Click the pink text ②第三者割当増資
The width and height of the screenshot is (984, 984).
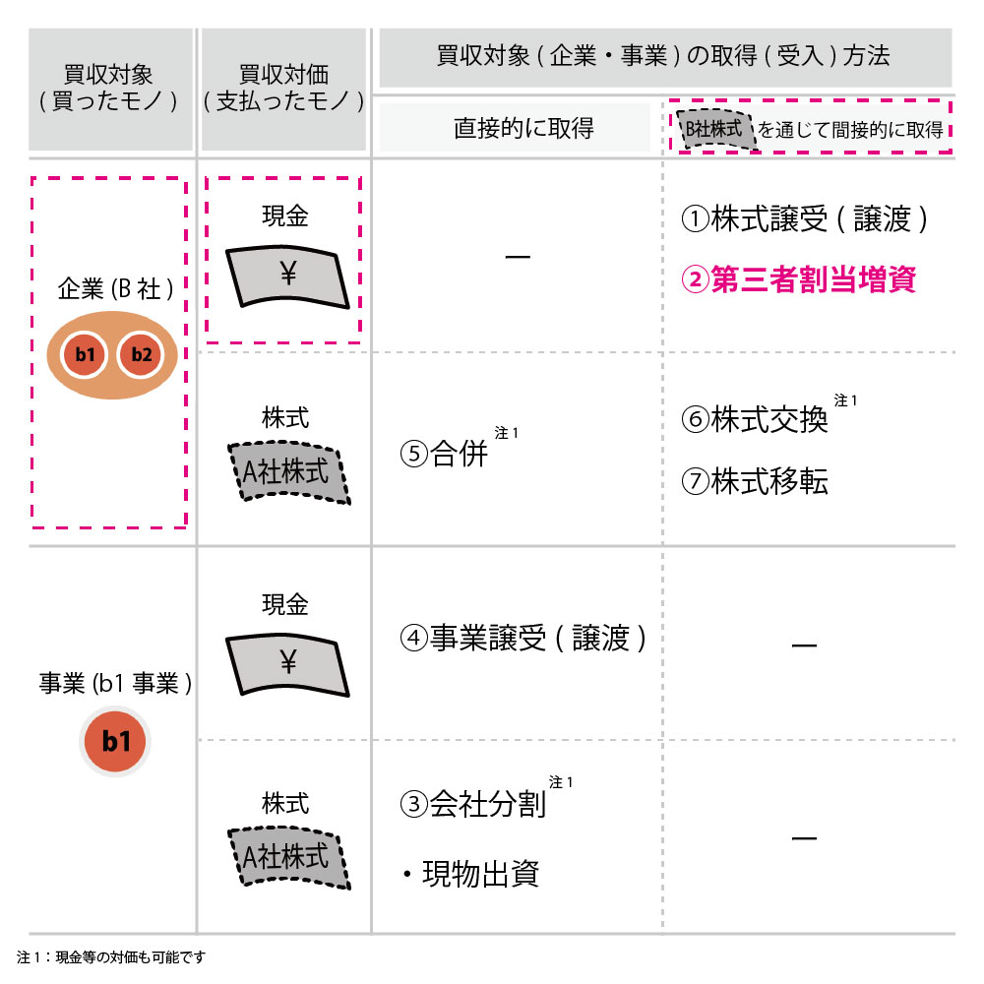pos(798,279)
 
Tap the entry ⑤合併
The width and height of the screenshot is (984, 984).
pos(444,453)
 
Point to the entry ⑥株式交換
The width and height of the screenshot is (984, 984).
pos(755,419)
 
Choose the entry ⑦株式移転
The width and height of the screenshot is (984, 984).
pos(755,481)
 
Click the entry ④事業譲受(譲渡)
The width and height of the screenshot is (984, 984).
pos(523,639)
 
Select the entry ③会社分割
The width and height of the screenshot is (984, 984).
pos(473,804)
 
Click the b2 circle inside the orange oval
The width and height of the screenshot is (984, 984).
pos(141,354)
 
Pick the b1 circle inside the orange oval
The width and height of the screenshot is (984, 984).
pos(85,354)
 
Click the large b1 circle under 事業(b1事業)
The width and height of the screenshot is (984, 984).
pos(115,741)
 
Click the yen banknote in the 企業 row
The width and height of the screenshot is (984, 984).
pos(287,277)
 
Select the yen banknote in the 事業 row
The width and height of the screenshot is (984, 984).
pos(287,664)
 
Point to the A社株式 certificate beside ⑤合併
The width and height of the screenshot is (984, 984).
pos(288,472)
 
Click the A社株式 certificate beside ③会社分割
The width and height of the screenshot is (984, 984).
pos(288,858)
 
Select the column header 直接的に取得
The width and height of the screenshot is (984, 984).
pos(523,128)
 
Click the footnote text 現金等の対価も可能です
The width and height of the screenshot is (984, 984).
pos(131,957)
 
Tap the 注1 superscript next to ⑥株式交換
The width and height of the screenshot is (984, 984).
pos(845,400)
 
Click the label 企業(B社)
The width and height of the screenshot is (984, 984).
pos(115,288)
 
